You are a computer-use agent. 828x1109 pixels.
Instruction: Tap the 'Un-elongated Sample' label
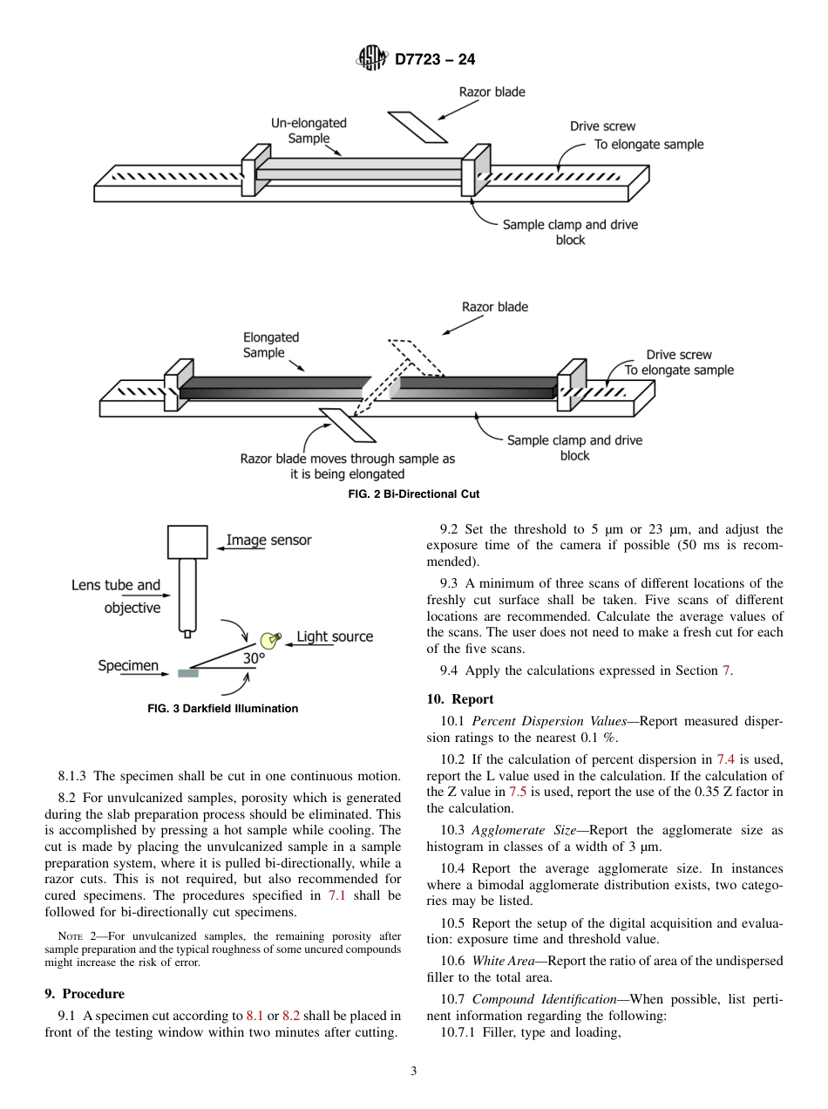(x=309, y=131)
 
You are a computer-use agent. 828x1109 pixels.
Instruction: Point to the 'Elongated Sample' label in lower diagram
(x=270, y=345)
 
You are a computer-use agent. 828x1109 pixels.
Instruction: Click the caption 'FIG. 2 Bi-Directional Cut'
(x=414, y=494)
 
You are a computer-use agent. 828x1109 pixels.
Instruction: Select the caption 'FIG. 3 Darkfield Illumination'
(x=223, y=709)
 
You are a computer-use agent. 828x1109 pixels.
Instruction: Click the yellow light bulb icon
(x=272, y=639)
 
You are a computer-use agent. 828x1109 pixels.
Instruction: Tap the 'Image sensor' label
(x=268, y=541)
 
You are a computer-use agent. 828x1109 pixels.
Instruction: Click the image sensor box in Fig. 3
(x=187, y=541)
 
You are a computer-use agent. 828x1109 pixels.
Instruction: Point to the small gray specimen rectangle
(x=187, y=673)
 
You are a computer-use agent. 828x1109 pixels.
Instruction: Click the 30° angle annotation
(x=253, y=659)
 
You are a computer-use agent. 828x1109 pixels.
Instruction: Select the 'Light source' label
(x=335, y=637)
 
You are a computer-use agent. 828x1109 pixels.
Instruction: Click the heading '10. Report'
(x=460, y=699)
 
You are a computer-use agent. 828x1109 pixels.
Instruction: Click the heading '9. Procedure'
(x=85, y=994)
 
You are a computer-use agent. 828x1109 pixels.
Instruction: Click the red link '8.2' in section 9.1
(x=291, y=1017)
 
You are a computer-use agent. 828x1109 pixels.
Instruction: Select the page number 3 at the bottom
(x=414, y=1072)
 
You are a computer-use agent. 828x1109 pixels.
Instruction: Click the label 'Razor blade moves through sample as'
(x=347, y=459)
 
